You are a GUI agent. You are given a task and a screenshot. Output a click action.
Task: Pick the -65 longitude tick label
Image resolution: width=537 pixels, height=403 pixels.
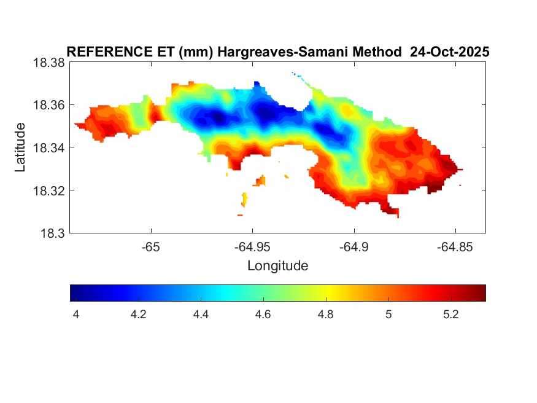point(151,246)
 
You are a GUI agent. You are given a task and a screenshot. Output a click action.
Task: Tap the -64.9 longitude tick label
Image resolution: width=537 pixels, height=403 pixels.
point(353,246)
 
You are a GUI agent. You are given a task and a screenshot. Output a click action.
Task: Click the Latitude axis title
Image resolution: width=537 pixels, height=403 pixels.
point(20,147)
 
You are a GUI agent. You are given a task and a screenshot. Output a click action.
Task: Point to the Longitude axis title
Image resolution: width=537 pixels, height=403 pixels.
point(277,266)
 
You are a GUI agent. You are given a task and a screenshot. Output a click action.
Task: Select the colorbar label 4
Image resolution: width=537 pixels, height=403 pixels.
point(76,314)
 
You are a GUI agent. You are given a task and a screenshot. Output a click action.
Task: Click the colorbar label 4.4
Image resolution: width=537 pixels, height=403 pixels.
point(201,314)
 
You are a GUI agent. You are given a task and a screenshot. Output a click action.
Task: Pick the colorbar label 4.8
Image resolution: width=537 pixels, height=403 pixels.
point(325,314)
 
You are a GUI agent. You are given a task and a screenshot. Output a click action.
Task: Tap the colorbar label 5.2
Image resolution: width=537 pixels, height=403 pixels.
point(450,314)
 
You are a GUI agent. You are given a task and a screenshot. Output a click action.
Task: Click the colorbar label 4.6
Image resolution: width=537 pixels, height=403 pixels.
point(263,314)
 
